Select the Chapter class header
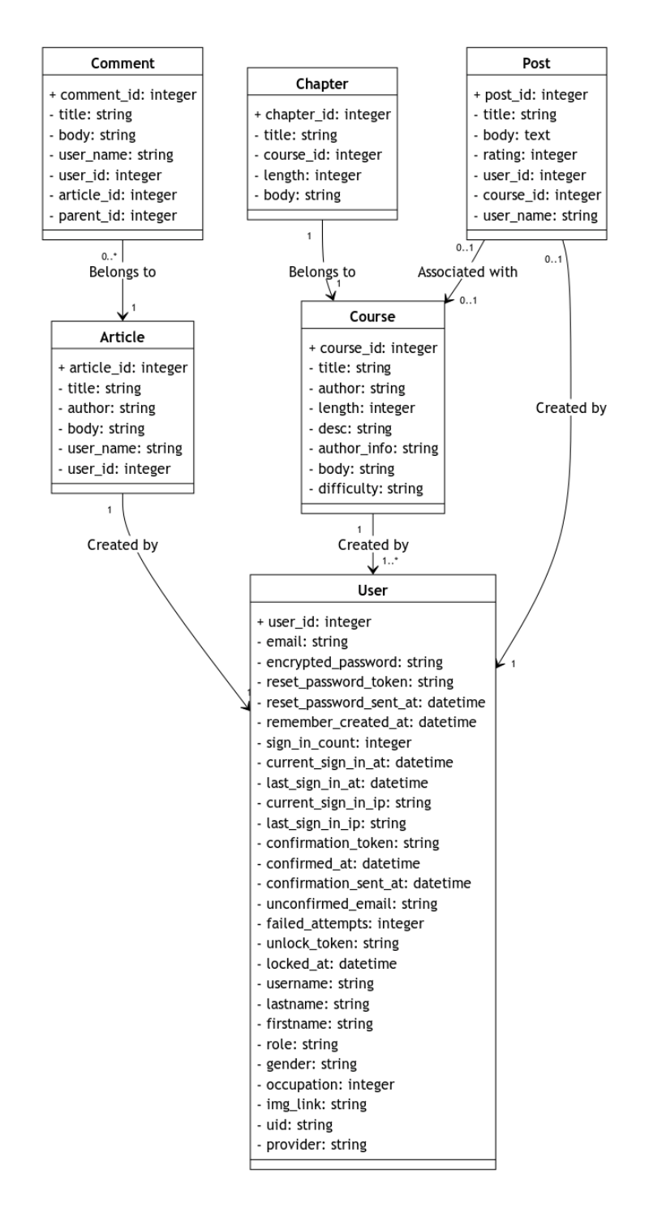point(322,83)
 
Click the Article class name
point(122,337)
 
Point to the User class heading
point(372,590)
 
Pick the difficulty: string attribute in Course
point(365,488)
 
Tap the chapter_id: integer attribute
point(322,114)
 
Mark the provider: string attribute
point(312,1145)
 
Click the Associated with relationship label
point(467,273)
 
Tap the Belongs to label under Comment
point(122,273)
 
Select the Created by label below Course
point(373,544)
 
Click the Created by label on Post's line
point(571,408)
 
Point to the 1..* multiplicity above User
point(389,560)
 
